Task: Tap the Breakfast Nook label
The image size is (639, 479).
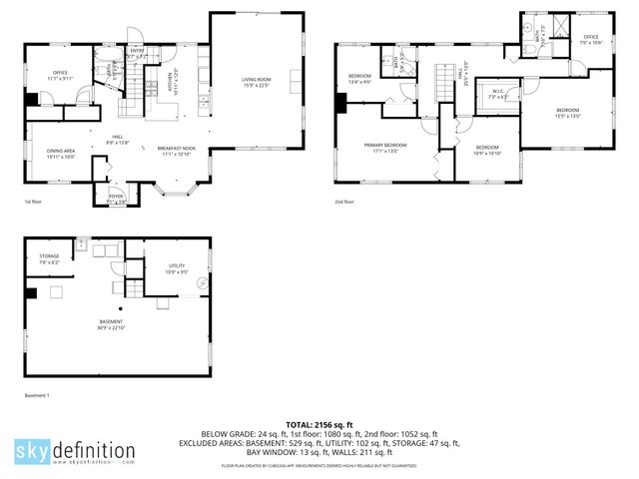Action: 176,151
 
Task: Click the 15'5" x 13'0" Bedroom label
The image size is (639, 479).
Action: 567,112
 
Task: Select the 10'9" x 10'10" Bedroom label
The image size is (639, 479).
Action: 488,150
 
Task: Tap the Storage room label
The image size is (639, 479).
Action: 49,258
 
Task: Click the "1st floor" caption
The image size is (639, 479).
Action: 34,202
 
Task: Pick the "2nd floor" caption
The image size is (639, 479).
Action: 345,202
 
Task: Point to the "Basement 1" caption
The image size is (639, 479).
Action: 36,396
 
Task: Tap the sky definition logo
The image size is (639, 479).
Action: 74,450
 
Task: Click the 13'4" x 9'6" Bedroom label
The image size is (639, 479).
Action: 360,79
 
